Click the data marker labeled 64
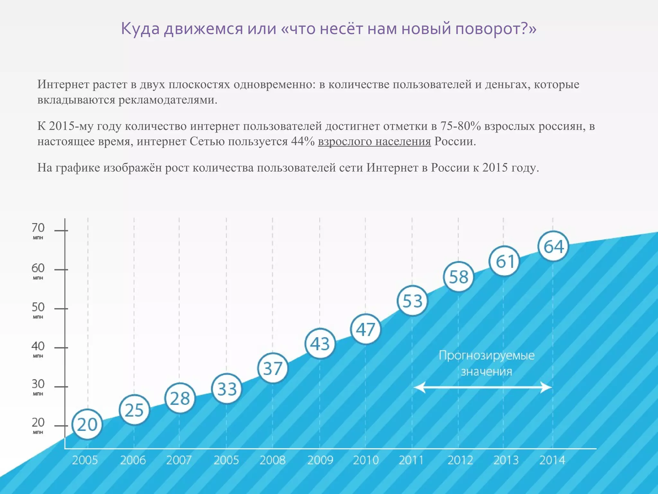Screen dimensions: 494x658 (x=553, y=246)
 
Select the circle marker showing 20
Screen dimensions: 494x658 (x=87, y=424)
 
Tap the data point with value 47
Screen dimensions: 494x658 (x=366, y=329)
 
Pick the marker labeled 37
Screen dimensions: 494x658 (x=273, y=368)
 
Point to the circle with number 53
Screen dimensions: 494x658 (x=412, y=301)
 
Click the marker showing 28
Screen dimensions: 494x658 (x=180, y=398)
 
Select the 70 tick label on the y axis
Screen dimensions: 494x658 (x=38, y=228)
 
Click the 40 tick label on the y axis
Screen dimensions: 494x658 (x=38, y=346)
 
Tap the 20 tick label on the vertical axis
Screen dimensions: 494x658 (x=38, y=422)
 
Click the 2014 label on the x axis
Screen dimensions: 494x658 (x=552, y=460)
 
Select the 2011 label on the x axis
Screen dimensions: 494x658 (x=411, y=460)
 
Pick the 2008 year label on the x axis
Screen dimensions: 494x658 (x=272, y=460)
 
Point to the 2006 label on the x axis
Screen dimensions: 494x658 (x=133, y=460)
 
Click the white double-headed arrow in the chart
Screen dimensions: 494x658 (x=483, y=387)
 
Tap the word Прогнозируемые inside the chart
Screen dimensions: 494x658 (x=486, y=355)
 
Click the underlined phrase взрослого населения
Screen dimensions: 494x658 (x=374, y=142)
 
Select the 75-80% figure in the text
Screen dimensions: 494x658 (x=460, y=126)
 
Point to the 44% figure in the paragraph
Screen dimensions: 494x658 (x=303, y=142)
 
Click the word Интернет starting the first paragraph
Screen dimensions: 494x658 (x=63, y=84)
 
